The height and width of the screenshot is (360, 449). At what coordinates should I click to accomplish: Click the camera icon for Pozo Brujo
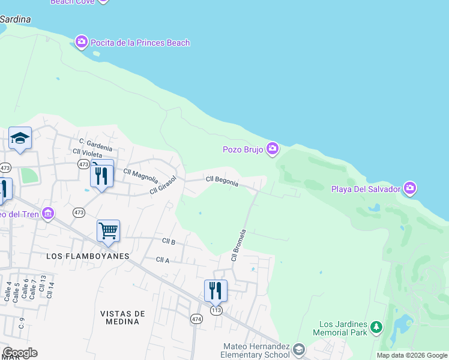point(273,149)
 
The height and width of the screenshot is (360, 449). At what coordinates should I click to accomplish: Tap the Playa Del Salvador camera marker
point(410,188)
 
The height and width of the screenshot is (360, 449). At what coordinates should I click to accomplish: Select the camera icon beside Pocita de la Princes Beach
point(82,42)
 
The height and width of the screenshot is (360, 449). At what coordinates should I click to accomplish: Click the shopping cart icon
point(108,230)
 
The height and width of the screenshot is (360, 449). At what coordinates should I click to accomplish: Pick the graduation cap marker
point(20,139)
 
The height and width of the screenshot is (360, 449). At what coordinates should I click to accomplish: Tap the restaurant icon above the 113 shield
point(215,290)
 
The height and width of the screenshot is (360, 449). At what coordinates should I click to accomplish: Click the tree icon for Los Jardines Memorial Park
point(376,327)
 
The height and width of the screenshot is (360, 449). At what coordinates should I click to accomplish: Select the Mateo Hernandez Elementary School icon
point(299,349)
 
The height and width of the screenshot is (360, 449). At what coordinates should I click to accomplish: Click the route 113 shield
point(216,310)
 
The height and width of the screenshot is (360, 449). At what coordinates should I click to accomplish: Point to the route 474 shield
point(196,318)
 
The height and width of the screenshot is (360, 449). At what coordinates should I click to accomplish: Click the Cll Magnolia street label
point(140,175)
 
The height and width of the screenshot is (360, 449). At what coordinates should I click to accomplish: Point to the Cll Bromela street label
point(239,245)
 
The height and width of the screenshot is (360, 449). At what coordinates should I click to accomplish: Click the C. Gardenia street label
point(95,144)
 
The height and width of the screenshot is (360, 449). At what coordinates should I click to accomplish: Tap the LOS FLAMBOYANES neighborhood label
point(88,256)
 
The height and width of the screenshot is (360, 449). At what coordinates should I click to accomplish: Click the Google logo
point(19,353)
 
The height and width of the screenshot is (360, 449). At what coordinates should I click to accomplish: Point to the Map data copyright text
point(412,355)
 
